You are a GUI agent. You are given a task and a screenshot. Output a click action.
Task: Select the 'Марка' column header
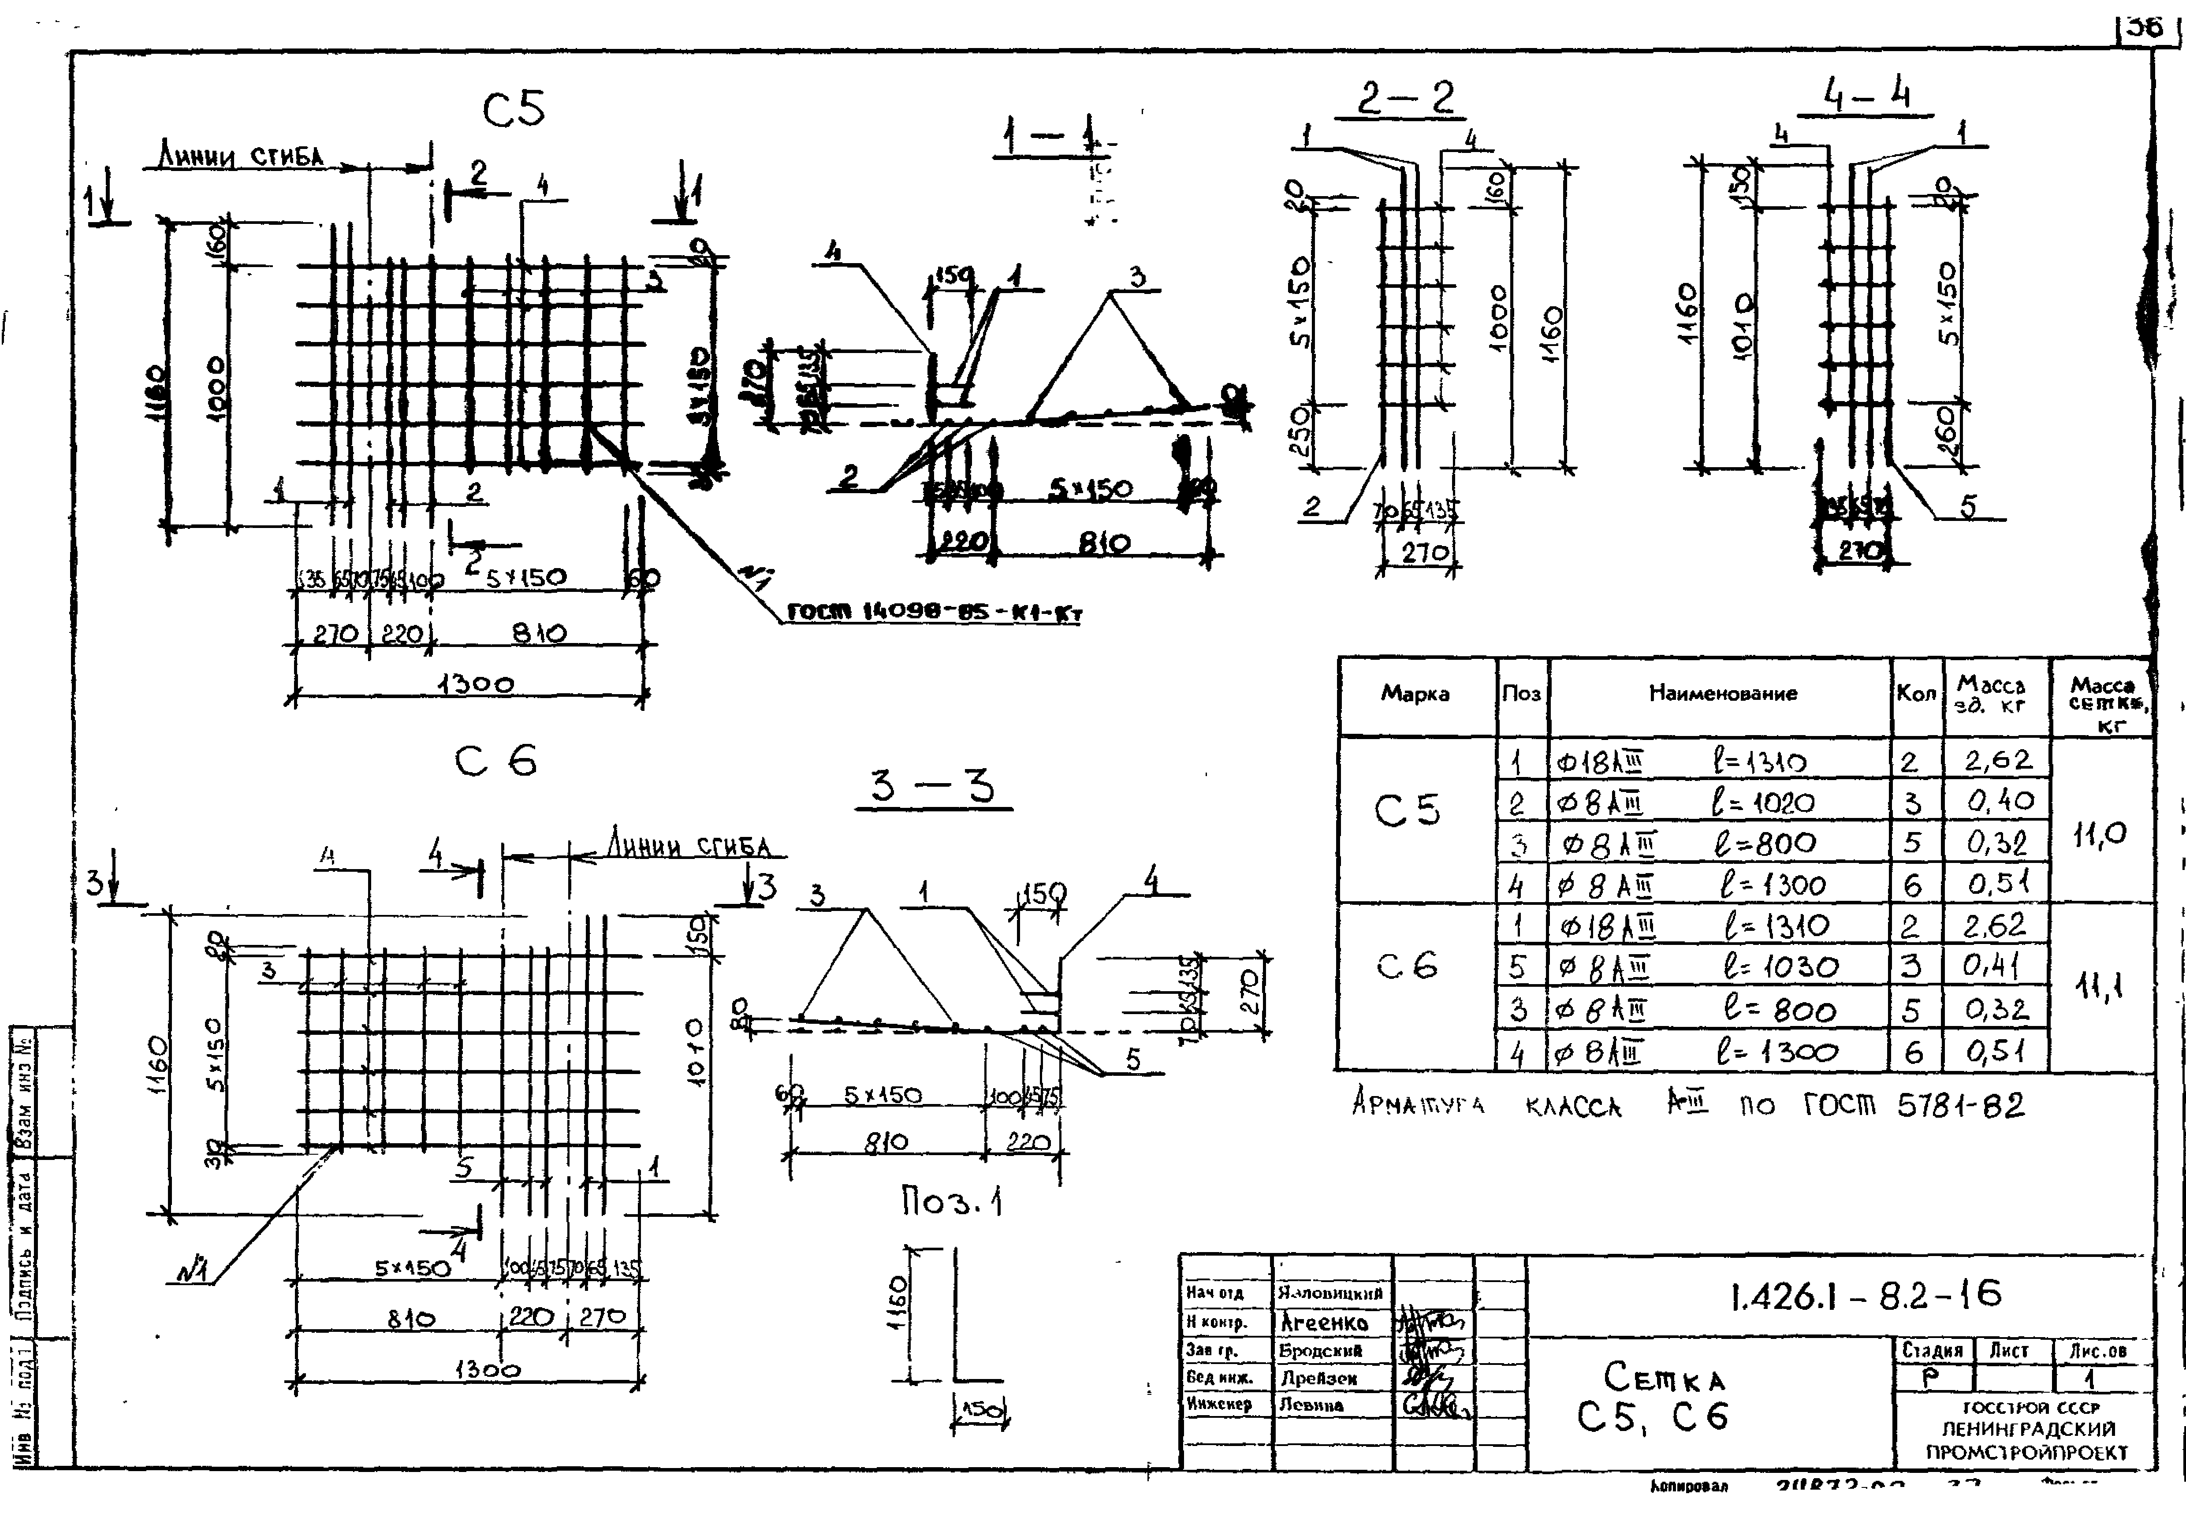pos(1415,694)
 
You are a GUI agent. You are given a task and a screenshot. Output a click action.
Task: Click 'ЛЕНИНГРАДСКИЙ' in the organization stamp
pos(2028,1429)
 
